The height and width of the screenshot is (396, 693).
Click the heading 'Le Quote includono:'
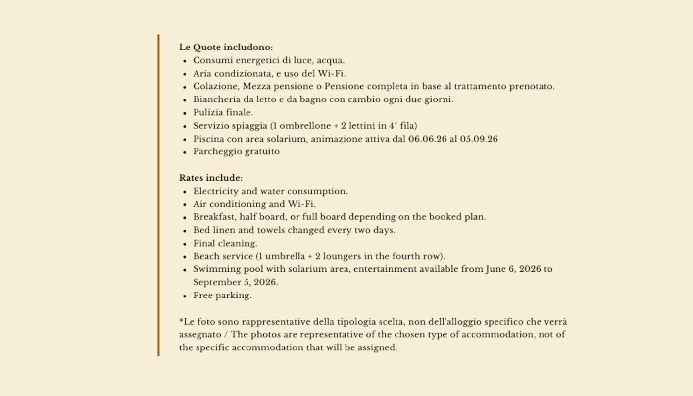coord(226,48)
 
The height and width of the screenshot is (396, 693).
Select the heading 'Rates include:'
coord(211,178)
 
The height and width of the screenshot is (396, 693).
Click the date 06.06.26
coord(427,139)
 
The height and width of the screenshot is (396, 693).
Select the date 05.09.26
coord(479,139)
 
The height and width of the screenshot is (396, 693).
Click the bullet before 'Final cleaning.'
coord(185,244)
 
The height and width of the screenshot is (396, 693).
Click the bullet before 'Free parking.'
coord(185,296)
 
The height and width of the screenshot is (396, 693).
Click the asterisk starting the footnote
coord(181,321)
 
